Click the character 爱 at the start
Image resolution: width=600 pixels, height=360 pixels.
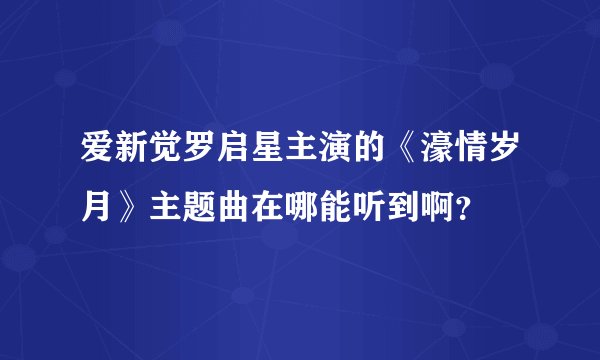96,153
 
